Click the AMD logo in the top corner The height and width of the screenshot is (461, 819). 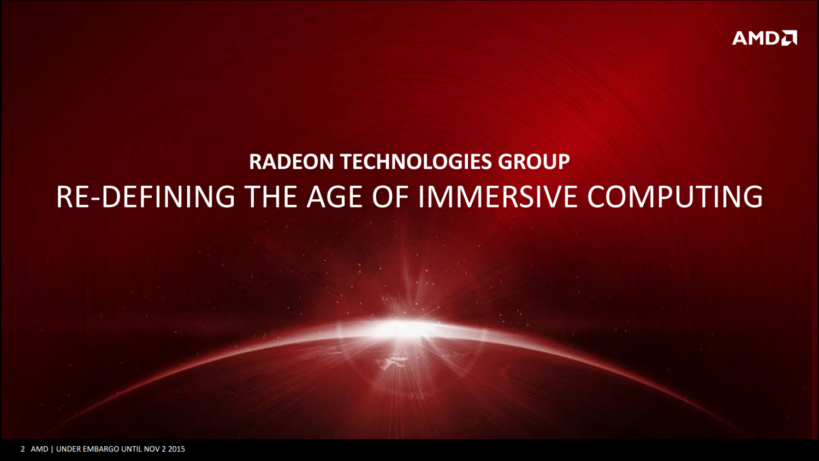click(x=764, y=38)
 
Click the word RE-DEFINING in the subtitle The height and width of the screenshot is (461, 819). click(x=146, y=197)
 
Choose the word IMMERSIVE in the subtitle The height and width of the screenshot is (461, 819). click(x=498, y=197)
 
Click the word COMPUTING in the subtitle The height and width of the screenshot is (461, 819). click(x=675, y=197)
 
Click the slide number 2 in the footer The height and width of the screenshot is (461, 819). click(x=23, y=449)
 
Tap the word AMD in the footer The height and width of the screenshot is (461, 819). click(x=39, y=449)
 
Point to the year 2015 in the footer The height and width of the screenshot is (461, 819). click(x=176, y=449)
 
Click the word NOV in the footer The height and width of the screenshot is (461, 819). click(x=152, y=449)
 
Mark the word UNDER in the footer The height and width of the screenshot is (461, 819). click(x=68, y=449)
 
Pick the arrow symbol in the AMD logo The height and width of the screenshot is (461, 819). click(x=790, y=38)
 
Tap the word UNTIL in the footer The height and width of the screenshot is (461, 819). click(x=132, y=449)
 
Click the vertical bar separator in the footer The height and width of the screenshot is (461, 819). click(x=52, y=449)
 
